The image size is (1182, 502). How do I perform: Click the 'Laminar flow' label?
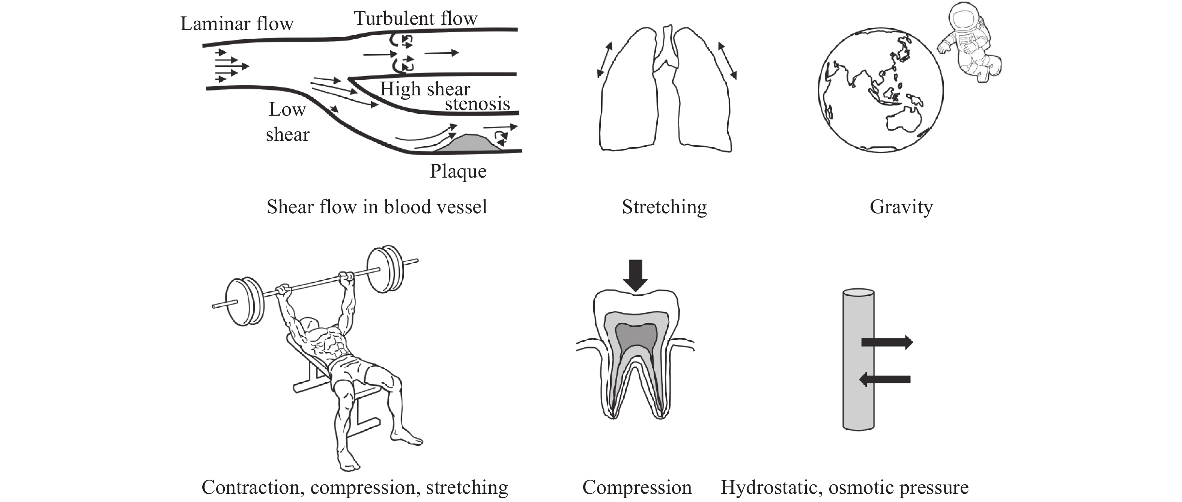(x=236, y=24)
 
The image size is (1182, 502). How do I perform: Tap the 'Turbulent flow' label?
(x=415, y=18)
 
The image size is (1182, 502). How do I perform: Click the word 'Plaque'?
(x=458, y=171)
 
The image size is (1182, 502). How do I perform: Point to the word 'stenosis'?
(x=477, y=104)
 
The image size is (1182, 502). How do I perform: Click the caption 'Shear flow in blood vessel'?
(x=376, y=207)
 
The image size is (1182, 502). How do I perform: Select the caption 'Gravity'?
(x=901, y=207)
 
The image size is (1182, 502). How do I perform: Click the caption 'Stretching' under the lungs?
(x=664, y=207)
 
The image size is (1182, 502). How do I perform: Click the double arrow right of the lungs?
(x=727, y=60)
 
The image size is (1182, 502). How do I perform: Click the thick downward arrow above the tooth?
(x=636, y=274)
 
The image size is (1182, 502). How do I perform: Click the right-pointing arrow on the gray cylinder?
(x=886, y=342)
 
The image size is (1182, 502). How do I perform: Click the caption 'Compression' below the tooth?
(x=636, y=488)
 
